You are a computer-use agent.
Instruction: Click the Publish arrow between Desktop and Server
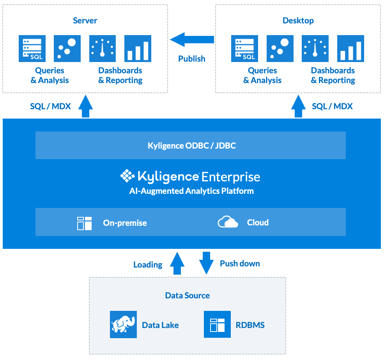pyautogui.click(x=192, y=39)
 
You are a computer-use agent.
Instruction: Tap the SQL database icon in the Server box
pyautogui.click(x=32, y=48)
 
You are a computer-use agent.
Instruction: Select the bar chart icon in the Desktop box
pyautogui.click(x=350, y=48)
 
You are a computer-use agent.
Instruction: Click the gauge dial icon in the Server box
pyautogui.click(x=103, y=48)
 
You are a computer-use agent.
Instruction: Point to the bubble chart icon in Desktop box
pyautogui.click(x=280, y=48)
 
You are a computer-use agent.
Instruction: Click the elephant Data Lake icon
pyautogui.click(x=123, y=324)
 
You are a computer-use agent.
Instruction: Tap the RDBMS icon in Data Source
pyautogui.click(x=217, y=324)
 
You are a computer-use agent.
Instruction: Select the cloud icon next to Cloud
pyautogui.click(x=228, y=222)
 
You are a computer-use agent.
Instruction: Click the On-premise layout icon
pyautogui.click(x=84, y=223)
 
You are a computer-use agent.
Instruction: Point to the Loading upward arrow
pyautogui.click(x=177, y=264)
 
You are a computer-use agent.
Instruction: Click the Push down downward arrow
pyautogui.click(x=206, y=263)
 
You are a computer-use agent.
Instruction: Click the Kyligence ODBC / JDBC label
pyautogui.click(x=191, y=146)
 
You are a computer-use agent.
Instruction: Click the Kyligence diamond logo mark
pyautogui.click(x=127, y=176)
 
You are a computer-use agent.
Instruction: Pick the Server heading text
pyautogui.click(x=85, y=21)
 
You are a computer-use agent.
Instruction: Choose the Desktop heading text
pyautogui.click(x=298, y=21)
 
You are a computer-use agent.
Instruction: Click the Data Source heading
pyautogui.click(x=187, y=295)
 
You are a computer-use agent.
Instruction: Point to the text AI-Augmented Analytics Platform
pyautogui.click(x=191, y=191)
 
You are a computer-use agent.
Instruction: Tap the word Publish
pyautogui.click(x=191, y=59)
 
